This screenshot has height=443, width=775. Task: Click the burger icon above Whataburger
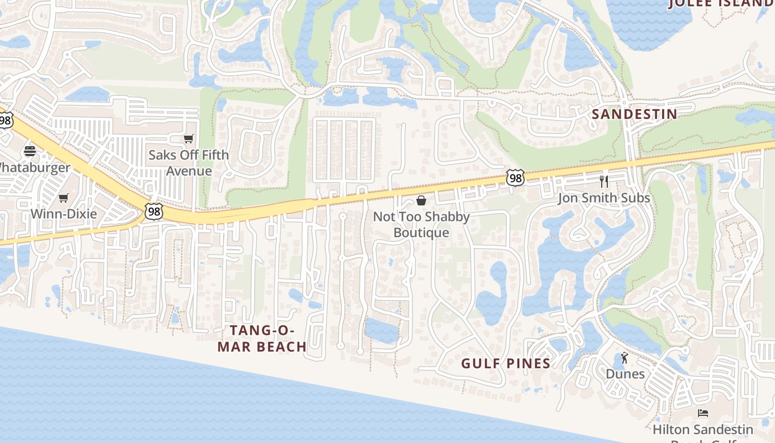click(30, 151)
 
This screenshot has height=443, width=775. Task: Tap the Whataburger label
click(34, 167)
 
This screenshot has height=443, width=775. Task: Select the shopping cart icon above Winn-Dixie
click(64, 198)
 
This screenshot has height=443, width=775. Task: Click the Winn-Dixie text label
click(64, 214)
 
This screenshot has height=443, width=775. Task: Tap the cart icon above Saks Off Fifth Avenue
click(189, 138)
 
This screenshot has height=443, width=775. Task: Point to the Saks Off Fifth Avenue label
click(189, 163)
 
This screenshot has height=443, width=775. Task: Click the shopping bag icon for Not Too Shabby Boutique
click(421, 200)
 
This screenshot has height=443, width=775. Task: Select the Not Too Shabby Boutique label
click(421, 224)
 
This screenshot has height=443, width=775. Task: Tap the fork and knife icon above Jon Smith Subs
click(604, 181)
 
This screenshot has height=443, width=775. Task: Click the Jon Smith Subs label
click(604, 198)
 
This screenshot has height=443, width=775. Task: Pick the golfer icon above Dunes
click(625, 358)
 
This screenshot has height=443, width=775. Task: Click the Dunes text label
click(625, 374)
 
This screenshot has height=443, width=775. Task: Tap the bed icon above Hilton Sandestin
click(703, 413)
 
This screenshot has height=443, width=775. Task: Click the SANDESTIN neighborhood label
click(634, 114)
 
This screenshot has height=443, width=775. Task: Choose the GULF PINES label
click(506, 363)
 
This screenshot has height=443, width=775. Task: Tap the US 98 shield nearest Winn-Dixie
click(154, 210)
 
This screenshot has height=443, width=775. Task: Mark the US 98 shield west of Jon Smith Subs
click(515, 178)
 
